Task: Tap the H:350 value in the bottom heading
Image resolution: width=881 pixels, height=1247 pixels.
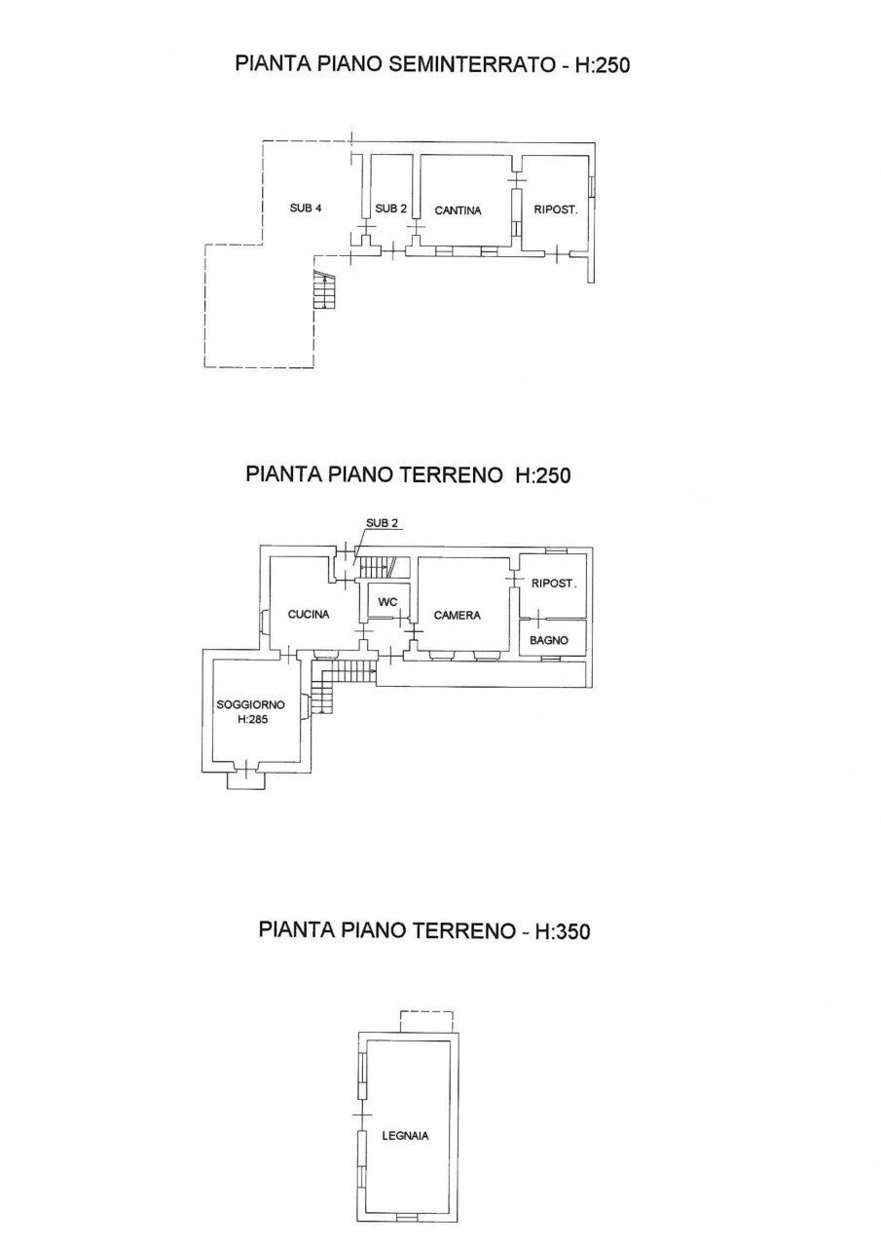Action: (558, 931)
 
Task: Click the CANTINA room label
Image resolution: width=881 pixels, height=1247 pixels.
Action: (459, 209)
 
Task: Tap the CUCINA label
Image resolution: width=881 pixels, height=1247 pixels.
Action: (309, 615)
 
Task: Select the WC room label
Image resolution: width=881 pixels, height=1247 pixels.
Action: (387, 602)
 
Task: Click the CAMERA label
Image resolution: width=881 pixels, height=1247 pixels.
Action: (458, 616)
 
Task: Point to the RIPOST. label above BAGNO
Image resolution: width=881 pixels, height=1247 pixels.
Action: (554, 585)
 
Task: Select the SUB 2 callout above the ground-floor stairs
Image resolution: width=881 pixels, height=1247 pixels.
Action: (382, 523)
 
